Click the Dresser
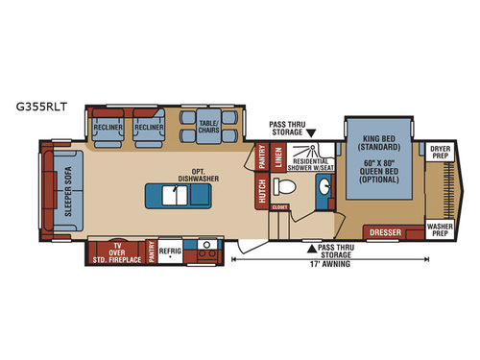pyautogui.click(x=384, y=231)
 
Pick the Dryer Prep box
pyautogui.click(x=440, y=152)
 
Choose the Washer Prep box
pyautogui.click(x=440, y=230)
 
